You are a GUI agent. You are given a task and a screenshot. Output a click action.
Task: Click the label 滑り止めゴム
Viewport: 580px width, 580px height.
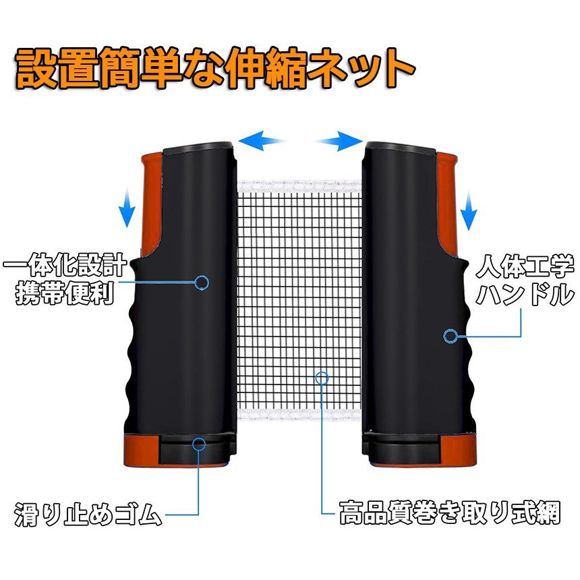[x=88, y=517]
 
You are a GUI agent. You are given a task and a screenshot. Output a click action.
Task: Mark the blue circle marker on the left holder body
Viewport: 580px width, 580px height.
[x=201, y=283]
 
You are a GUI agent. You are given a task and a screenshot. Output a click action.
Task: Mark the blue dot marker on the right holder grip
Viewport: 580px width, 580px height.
[x=450, y=335]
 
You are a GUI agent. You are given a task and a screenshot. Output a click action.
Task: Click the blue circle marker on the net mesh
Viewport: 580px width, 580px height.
[x=322, y=376]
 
